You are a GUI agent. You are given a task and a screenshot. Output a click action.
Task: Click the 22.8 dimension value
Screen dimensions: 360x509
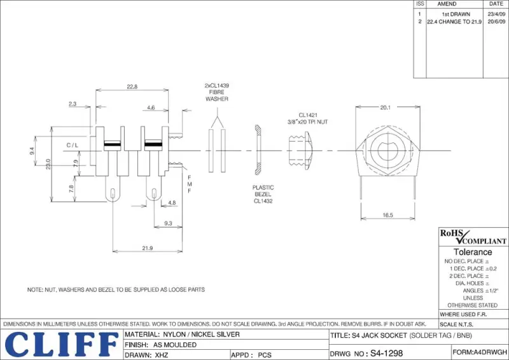point(132,87)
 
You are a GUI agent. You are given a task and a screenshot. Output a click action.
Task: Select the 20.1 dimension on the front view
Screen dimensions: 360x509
point(385,107)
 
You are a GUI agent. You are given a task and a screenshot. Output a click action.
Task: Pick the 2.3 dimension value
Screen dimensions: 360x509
point(73,103)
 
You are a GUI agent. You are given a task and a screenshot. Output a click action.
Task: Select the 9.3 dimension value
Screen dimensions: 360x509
point(168,223)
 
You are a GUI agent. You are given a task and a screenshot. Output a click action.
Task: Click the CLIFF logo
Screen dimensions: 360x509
point(61,344)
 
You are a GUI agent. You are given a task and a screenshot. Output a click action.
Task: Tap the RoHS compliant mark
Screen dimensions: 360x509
point(473,237)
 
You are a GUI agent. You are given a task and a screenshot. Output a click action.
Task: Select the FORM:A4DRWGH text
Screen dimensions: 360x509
point(480,352)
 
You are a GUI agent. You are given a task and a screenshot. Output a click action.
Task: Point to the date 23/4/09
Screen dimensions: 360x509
point(496,13)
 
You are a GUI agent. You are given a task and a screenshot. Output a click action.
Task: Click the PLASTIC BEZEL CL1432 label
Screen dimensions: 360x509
point(263,194)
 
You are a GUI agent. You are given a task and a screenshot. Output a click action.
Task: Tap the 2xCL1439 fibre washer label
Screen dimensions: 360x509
point(216,92)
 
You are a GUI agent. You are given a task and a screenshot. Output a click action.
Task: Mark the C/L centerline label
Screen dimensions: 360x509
point(73,146)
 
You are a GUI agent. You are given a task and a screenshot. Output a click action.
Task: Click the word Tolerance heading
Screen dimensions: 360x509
point(472,252)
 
